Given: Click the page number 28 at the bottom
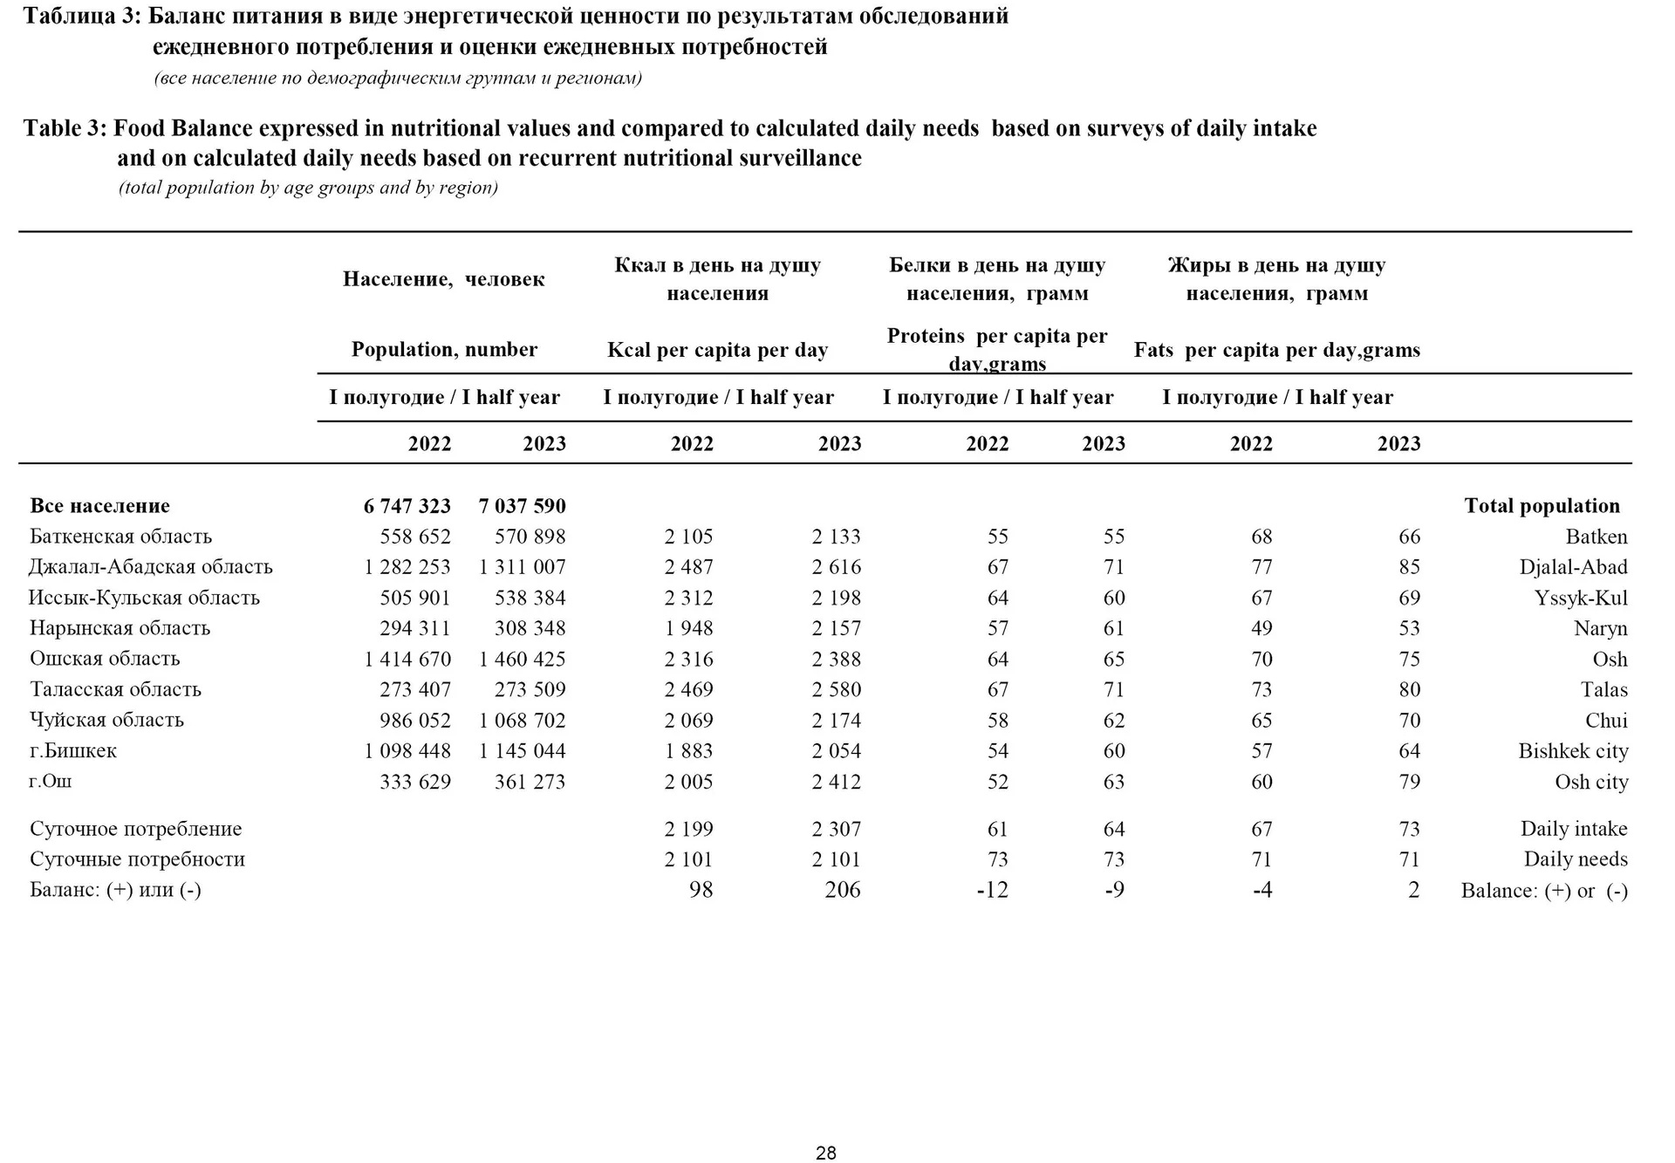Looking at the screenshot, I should point(825,1153).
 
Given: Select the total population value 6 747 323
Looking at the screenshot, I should point(407,506).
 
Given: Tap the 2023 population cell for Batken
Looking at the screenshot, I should point(530,537).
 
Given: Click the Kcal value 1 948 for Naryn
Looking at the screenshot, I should point(688,628).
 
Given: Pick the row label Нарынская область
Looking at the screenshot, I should point(120,628).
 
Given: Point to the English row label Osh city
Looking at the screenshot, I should point(1590,782).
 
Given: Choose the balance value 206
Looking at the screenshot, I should point(842,890).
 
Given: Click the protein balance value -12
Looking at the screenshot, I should point(992,890).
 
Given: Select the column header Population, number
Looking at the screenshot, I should point(444,350).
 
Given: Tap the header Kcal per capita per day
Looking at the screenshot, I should point(717,350).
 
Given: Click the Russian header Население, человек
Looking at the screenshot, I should point(443,279).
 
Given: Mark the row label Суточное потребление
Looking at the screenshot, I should point(135,829).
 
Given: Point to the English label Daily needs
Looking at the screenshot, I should point(1575,859).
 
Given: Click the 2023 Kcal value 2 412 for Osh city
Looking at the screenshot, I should point(836,782).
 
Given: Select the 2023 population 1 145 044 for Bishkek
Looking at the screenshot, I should point(522,751).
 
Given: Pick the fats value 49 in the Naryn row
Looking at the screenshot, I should point(1261,628).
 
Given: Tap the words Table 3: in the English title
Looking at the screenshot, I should point(65,128).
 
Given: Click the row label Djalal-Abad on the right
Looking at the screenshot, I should point(1573,567).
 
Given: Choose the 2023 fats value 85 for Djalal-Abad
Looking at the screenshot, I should point(1409,567).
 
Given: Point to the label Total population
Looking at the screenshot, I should point(1541,506).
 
